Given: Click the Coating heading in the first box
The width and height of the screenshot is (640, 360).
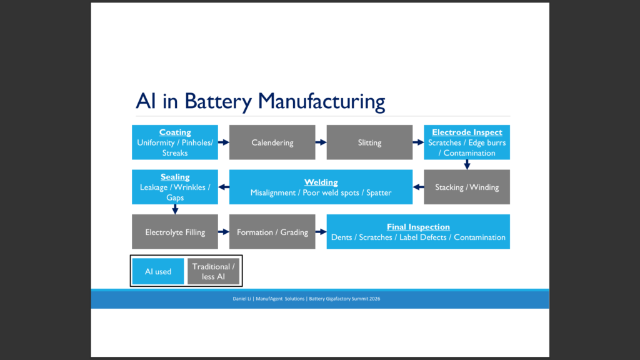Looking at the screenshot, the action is click(175, 132).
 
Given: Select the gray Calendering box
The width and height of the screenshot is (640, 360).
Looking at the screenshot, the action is click(272, 142).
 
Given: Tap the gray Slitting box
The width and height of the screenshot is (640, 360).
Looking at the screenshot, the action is click(369, 142).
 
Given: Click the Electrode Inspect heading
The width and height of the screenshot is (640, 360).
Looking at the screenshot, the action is click(467, 132).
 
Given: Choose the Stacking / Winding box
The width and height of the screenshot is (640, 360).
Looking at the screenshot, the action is click(467, 187).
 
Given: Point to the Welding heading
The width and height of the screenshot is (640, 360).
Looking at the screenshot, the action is click(321, 182).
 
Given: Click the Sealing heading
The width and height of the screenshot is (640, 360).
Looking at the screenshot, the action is click(175, 177).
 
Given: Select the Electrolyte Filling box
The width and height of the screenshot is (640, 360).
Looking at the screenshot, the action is click(175, 232).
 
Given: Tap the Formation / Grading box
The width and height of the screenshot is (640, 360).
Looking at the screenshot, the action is click(272, 232).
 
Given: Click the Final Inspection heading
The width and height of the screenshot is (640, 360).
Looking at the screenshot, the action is click(418, 227).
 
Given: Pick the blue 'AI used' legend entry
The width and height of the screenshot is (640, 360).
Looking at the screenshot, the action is click(158, 271).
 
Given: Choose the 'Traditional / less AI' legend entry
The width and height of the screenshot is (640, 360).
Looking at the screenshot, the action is click(214, 271).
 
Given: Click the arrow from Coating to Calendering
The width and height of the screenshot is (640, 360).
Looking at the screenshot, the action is click(224, 142).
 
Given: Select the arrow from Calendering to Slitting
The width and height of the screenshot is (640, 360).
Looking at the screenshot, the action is click(321, 142).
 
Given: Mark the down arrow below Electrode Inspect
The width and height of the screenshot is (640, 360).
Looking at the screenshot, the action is click(467, 164).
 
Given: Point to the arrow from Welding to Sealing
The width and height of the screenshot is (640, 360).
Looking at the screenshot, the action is click(224, 187).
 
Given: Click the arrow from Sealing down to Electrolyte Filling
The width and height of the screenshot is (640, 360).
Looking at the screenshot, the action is click(175, 209).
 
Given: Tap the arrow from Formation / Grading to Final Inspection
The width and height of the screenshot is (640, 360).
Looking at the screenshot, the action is click(321, 232).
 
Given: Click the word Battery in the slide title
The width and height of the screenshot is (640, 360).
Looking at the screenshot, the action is click(218, 102).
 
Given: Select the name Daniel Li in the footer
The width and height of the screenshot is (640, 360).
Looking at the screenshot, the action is click(242, 299).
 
